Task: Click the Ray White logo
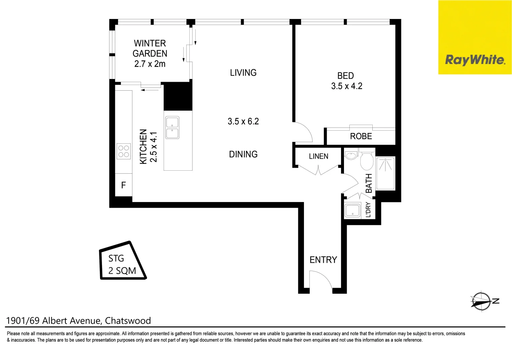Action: coord(475,37)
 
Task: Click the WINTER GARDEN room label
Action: coord(150,48)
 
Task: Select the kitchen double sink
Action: coord(172,128)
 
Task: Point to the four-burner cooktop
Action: coord(124,151)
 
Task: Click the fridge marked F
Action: coord(123,185)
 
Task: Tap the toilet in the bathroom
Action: coord(367,159)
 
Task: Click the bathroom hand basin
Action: coord(351,155)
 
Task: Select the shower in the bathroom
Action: coord(385,173)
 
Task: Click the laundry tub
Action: coord(352,210)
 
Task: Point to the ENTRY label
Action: coord(323,260)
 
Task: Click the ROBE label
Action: coord(361,136)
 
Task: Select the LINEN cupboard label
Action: coord(318,156)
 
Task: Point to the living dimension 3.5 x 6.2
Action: coord(243,121)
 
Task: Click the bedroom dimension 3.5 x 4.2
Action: coord(347,86)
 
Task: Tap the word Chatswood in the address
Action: coord(128,321)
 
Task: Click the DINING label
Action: coord(243,154)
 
